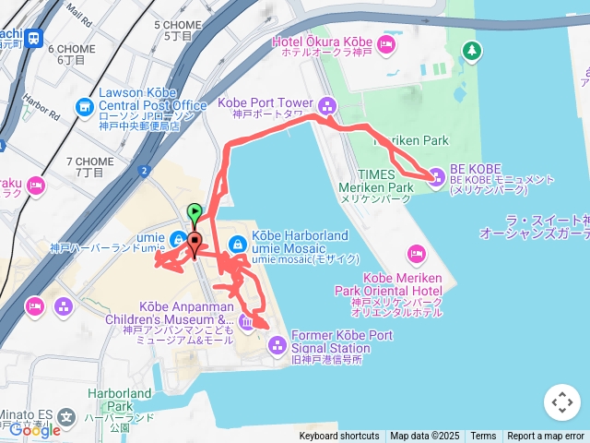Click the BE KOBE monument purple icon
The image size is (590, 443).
point(436,176)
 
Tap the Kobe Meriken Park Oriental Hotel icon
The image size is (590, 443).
point(416,252)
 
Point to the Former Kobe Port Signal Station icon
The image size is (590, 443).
point(277,345)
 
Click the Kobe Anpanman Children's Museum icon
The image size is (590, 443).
point(246,320)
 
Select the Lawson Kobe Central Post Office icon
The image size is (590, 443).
point(85,106)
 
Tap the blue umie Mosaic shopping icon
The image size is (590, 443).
point(237,244)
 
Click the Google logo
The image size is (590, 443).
point(34,429)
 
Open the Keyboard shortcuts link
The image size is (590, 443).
point(338,437)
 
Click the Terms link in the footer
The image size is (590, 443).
point(483,437)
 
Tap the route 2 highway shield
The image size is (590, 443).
point(144,171)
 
